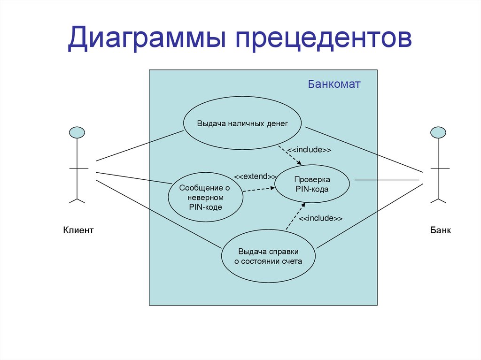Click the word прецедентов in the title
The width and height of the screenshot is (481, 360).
pos(324,39)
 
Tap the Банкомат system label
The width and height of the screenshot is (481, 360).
pos(334,84)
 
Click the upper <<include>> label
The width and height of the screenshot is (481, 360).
pos(310,150)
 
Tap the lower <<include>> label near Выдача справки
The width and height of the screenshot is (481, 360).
pos(320,218)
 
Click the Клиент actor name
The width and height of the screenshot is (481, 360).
pos(78,230)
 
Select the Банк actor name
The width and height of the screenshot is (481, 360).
pos(440,230)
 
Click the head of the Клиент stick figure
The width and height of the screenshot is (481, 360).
pos(77,132)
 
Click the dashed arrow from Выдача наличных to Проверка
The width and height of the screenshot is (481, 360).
pos(290,155)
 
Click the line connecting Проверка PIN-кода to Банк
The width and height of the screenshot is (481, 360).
pos(386,179)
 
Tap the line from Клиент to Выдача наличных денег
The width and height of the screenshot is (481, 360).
pos(139,146)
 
